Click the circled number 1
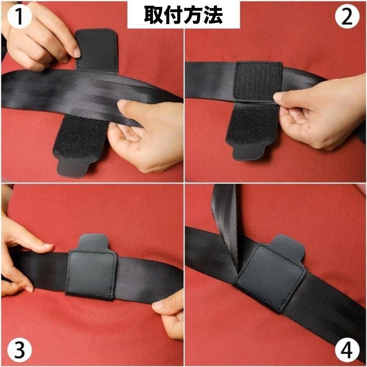[x=19, y=17]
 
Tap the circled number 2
[x=347, y=17]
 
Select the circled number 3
[x=19, y=350]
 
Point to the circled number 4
[x=347, y=350]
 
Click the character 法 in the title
[x=213, y=15]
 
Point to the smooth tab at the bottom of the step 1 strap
[x=73, y=167]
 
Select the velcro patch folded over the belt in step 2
[x=258, y=81]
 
